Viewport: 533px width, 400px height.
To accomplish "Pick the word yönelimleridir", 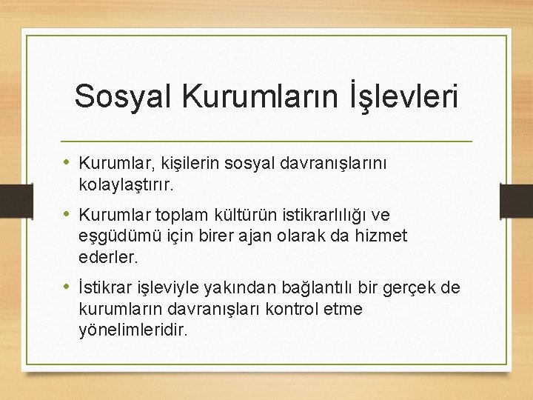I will pos(133,330).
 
